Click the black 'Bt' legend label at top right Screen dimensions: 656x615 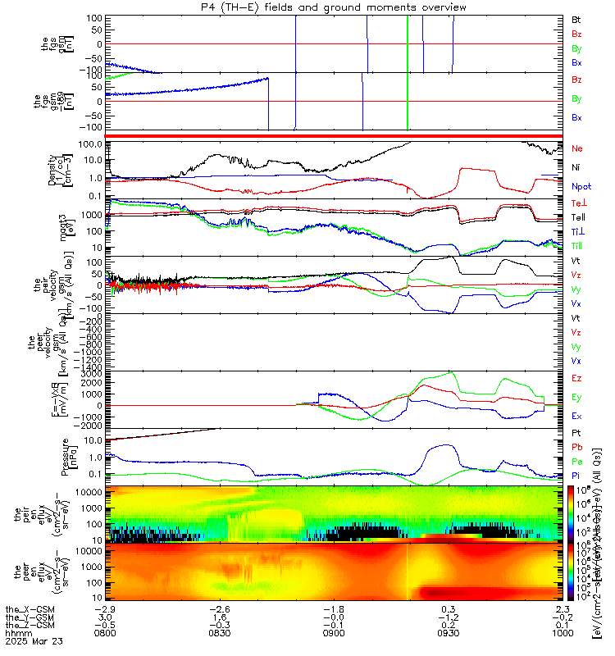click(x=576, y=18)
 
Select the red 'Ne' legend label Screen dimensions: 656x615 click(x=576, y=148)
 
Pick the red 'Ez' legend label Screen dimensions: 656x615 click(x=576, y=377)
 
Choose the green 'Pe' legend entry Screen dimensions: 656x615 click(x=576, y=462)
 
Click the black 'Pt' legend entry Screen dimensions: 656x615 click(x=576, y=434)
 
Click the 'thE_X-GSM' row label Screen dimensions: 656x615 click(x=25, y=609)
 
